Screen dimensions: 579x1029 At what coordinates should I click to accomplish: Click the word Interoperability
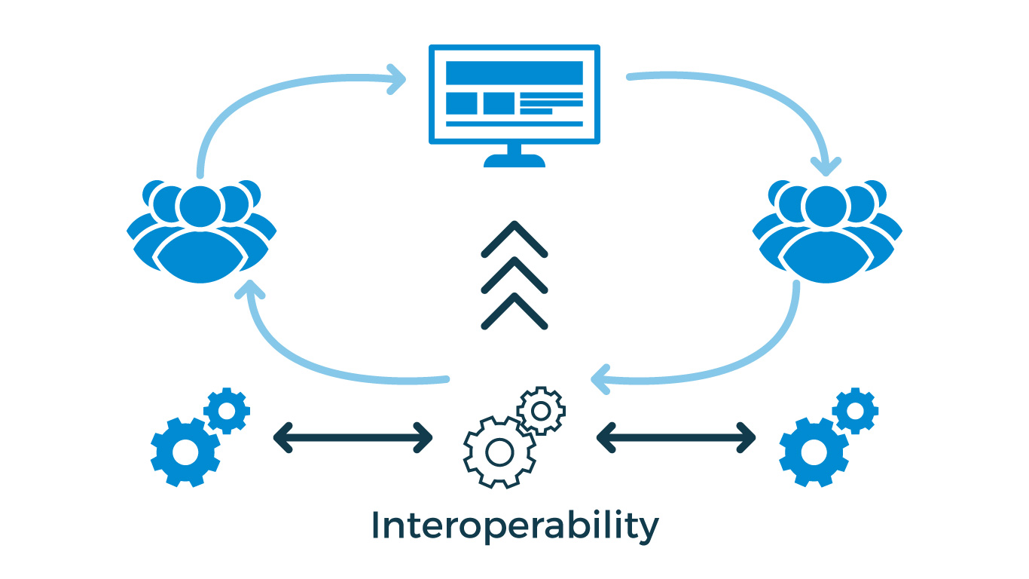pyautogui.click(x=514, y=525)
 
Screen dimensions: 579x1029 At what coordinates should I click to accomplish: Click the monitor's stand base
pyautogui.click(x=514, y=161)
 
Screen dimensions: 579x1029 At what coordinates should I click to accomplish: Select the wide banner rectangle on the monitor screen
pyautogui.click(x=514, y=73)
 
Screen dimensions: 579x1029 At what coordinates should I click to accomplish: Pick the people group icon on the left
pyautogui.click(x=201, y=230)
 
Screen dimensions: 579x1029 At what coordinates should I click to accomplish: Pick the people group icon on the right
pyautogui.click(x=827, y=230)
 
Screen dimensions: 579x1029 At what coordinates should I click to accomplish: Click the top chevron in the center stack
pyautogui.click(x=514, y=239)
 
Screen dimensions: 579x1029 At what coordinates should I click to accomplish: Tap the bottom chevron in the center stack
pyautogui.click(x=514, y=311)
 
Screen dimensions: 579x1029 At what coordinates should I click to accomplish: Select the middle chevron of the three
pyautogui.click(x=514, y=274)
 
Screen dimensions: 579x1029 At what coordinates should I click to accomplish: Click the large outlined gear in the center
pyautogui.click(x=499, y=452)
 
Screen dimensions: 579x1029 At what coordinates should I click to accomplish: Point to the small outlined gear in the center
pyautogui.click(x=541, y=410)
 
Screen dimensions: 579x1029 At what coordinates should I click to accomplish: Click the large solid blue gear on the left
pyautogui.click(x=185, y=451)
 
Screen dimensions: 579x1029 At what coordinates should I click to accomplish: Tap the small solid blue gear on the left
pyautogui.click(x=227, y=410)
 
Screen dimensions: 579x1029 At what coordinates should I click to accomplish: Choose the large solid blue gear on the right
pyautogui.click(x=814, y=451)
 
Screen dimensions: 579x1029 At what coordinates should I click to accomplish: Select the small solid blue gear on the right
pyautogui.click(x=855, y=410)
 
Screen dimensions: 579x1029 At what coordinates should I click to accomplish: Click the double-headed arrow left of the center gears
pyautogui.click(x=353, y=437)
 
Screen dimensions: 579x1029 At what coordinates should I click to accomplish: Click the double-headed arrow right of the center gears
pyautogui.click(x=676, y=437)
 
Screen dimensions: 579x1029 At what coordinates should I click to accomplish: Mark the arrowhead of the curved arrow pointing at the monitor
pyautogui.click(x=396, y=78)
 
